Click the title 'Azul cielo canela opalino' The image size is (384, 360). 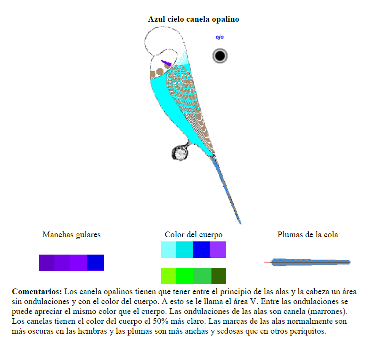194,19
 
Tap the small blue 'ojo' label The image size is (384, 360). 220,37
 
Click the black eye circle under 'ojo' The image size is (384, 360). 220,56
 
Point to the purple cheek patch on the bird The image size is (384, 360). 166,63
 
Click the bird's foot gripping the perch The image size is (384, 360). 180,152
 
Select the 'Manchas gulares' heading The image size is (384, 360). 72,234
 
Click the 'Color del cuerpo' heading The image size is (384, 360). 194,234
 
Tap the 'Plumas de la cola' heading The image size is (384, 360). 308,234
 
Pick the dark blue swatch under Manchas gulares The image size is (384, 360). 96,263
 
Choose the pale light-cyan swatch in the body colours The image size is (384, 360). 169,249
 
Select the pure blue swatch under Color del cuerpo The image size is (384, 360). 201,249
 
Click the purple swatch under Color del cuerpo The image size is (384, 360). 218,249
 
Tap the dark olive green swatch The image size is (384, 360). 219,276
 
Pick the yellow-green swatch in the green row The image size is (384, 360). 169,276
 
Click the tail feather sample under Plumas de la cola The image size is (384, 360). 307,262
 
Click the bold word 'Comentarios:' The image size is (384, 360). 37,291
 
